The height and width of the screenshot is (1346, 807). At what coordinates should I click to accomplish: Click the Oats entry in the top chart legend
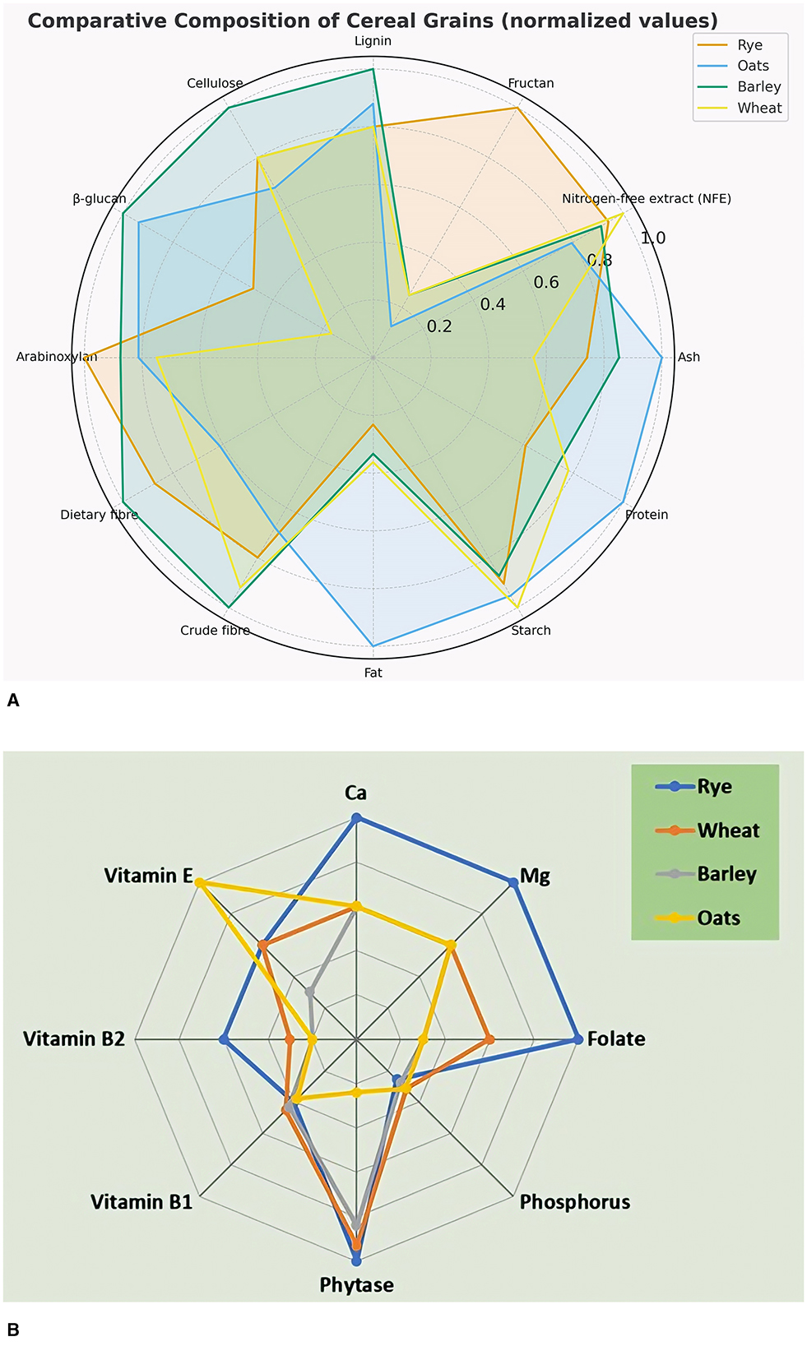point(752,66)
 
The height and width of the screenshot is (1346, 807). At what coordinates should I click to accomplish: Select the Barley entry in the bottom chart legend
point(726,874)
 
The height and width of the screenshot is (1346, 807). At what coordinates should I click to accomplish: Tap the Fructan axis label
point(531,83)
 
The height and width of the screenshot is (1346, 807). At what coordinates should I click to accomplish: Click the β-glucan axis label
point(100,199)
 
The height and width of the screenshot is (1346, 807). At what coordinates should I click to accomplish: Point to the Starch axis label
point(531,631)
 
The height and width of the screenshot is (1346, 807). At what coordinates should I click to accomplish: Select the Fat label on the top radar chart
point(373,673)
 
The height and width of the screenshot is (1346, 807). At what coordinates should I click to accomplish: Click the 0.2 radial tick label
point(439,326)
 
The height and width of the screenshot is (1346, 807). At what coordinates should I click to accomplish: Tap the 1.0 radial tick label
point(653,238)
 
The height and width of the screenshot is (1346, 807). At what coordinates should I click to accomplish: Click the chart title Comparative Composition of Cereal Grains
point(373,21)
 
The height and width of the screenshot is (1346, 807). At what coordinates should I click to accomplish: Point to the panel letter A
point(12,701)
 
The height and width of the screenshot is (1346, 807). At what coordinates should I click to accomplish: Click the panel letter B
point(12,1330)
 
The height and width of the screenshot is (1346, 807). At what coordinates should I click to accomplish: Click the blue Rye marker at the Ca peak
point(356,818)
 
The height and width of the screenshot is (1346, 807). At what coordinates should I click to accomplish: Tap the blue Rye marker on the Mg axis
point(513,882)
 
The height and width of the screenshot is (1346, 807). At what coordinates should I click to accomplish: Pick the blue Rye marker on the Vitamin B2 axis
point(223,1039)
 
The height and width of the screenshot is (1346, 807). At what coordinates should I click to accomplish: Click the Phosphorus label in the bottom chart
point(575,1202)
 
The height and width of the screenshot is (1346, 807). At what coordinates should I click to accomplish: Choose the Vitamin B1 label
point(141,1202)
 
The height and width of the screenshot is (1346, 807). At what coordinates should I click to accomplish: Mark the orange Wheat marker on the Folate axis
point(489,1039)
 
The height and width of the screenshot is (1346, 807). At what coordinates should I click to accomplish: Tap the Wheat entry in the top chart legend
point(758,108)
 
